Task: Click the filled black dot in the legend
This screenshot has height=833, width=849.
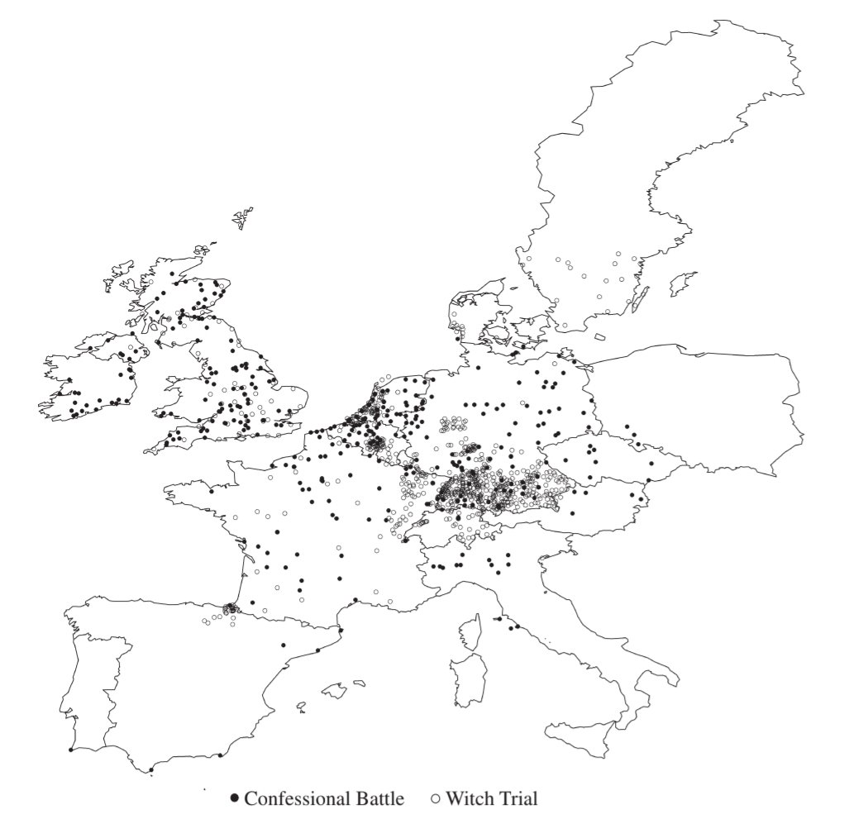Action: tap(235, 799)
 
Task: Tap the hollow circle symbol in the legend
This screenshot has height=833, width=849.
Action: tap(436, 799)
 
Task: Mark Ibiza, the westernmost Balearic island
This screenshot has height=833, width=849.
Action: tap(303, 705)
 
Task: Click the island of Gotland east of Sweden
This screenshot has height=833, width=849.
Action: tap(684, 283)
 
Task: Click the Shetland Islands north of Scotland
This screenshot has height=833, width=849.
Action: tap(242, 219)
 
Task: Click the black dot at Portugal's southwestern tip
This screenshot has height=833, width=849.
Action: tap(70, 750)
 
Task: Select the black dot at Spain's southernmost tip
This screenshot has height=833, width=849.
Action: tap(151, 771)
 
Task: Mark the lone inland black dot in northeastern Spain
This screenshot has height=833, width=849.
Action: tap(284, 645)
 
